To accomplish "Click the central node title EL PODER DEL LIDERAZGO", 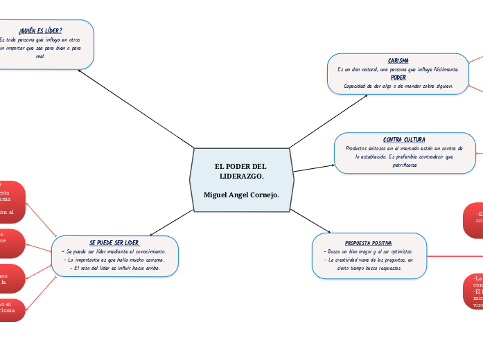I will (240, 171).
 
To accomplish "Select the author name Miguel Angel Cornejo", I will (241, 194).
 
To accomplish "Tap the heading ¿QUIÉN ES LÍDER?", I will (40, 30).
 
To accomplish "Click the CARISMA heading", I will (398, 61).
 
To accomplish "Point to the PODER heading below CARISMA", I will (398, 78).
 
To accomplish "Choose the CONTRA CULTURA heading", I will (404, 140).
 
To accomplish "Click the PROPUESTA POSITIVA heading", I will (368, 243).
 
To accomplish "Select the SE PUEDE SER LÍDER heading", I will (114, 243).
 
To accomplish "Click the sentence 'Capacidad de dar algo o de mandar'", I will (398, 86).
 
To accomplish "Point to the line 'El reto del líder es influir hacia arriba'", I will (115, 268).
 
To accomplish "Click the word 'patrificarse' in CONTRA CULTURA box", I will (404, 165).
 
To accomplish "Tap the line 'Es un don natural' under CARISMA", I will (398, 69).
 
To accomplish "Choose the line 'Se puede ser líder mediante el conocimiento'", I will (114, 251).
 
